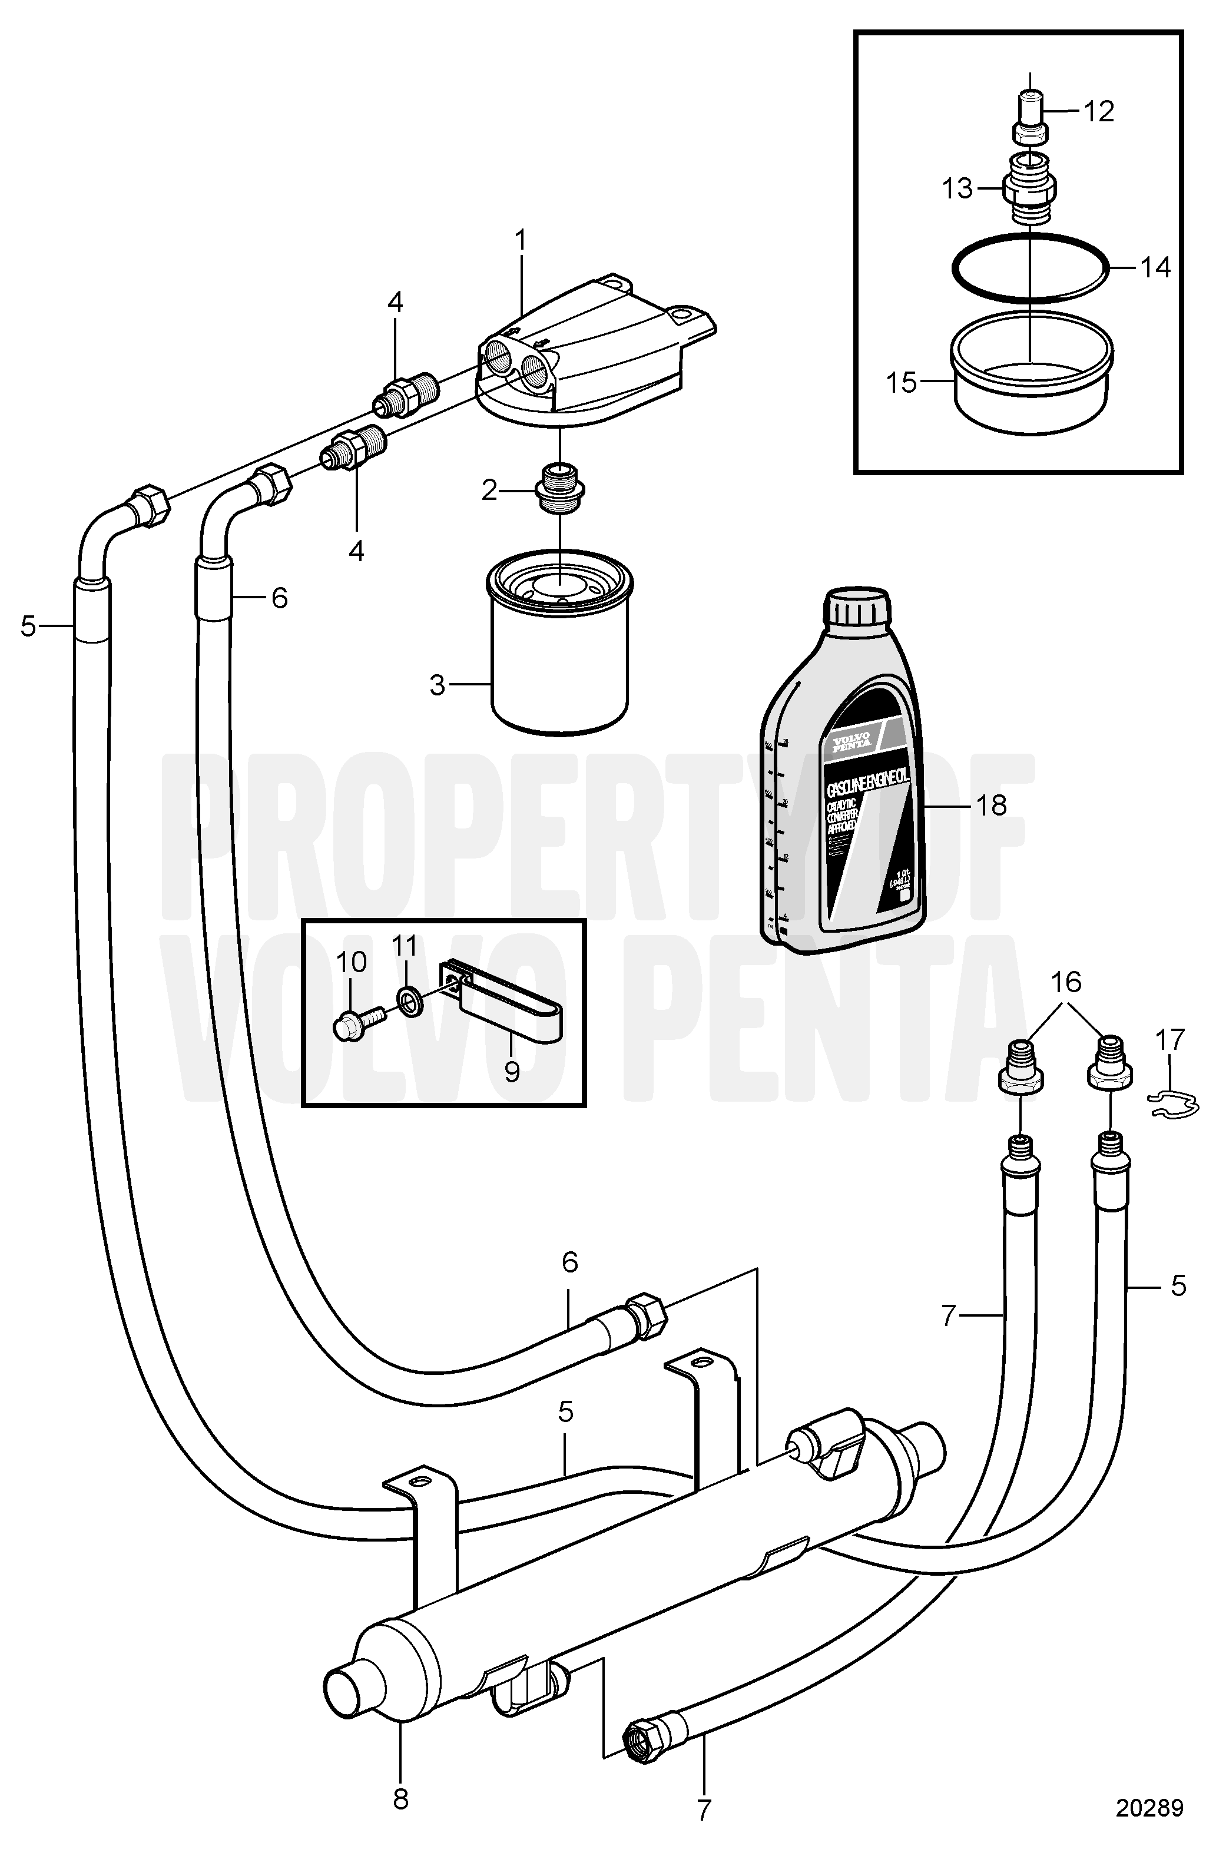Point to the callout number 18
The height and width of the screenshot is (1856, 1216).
992,805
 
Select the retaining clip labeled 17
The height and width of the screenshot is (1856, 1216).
1172,1101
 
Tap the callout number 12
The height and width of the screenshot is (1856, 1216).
1098,111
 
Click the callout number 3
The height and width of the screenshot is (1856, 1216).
438,685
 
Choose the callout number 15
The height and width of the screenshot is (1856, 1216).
903,383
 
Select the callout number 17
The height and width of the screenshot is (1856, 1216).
1170,1039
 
